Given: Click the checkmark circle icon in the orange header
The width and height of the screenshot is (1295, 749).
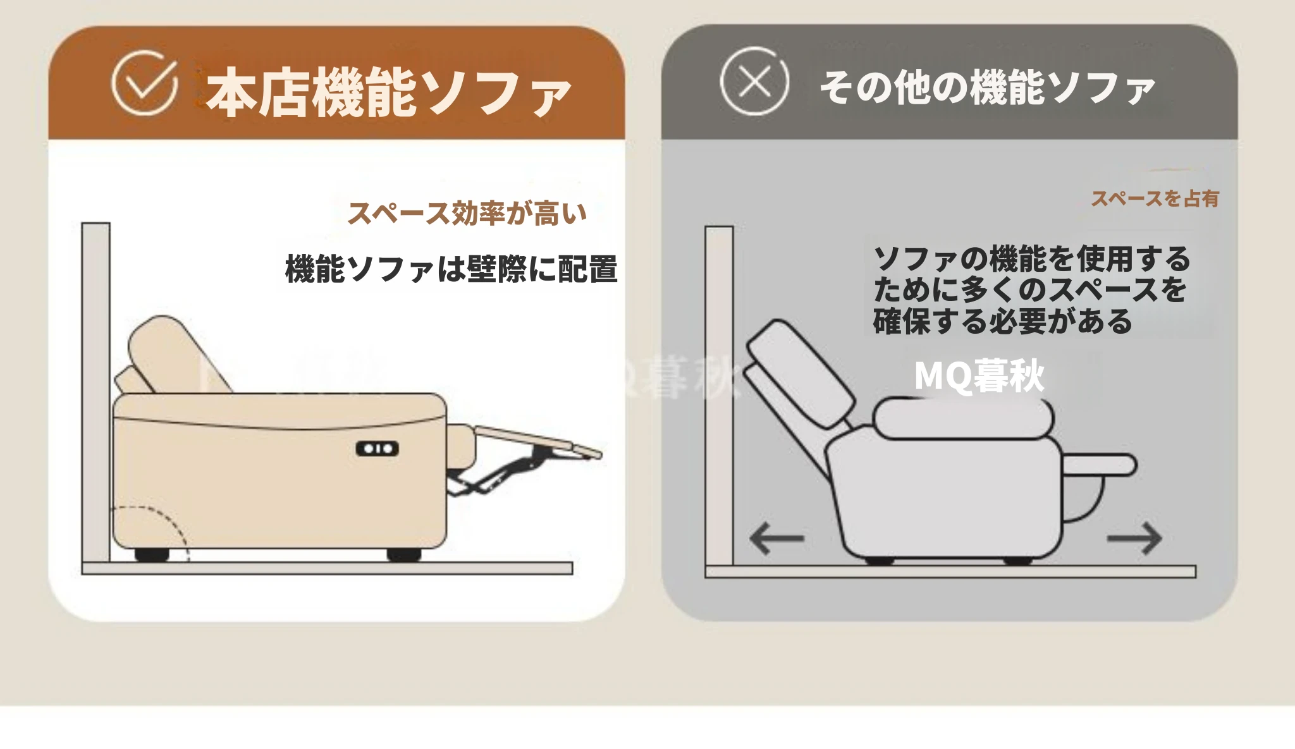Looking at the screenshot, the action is pyautogui.click(x=144, y=83).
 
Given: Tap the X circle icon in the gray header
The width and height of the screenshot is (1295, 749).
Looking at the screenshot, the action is pyautogui.click(x=754, y=82).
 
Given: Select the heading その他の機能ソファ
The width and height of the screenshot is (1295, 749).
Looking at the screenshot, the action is pyautogui.click(x=988, y=87).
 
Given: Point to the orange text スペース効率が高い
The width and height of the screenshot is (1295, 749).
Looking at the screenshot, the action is pyautogui.click(x=467, y=213).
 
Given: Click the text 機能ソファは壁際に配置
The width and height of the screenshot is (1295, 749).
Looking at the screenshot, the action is pyautogui.click(x=451, y=269).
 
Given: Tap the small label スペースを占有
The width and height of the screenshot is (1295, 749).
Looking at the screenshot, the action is pyautogui.click(x=1155, y=198).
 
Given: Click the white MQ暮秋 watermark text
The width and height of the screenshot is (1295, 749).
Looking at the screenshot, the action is pyautogui.click(x=979, y=375).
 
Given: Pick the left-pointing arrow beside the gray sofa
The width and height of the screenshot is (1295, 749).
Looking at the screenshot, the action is pyautogui.click(x=776, y=539).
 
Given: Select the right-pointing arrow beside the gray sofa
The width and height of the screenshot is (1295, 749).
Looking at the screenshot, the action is pyautogui.click(x=1134, y=539).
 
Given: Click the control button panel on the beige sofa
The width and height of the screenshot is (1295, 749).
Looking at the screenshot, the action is pyautogui.click(x=377, y=449).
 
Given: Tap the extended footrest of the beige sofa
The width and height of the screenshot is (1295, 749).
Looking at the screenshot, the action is pyautogui.click(x=537, y=440).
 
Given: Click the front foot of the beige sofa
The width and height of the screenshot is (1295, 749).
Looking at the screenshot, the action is pyautogui.click(x=404, y=555).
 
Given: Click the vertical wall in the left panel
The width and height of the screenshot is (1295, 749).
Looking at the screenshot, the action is pyautogui.click(x=95, y=392).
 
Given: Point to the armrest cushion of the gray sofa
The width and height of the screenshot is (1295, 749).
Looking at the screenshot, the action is pyautogui.click(x=963, y=418).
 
